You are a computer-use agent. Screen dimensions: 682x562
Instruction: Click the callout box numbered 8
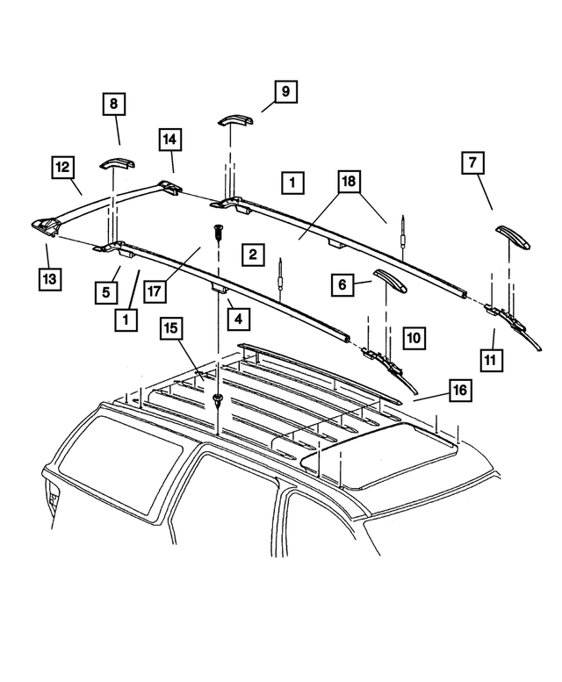[x=112, y=105]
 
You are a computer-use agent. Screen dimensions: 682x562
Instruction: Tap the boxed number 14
[x=170, y=140]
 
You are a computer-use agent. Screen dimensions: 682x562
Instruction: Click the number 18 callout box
[x=349, y=183]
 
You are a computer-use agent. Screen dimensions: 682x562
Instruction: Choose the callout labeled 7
[x=472, y=164]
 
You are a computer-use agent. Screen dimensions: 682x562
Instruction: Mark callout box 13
[x=50, y=280]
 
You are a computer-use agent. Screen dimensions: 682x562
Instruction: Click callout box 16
[x=458, y=390]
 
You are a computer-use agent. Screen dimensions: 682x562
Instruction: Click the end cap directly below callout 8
[x=116, y=163]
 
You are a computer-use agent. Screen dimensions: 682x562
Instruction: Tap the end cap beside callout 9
[x=234, y=120]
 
